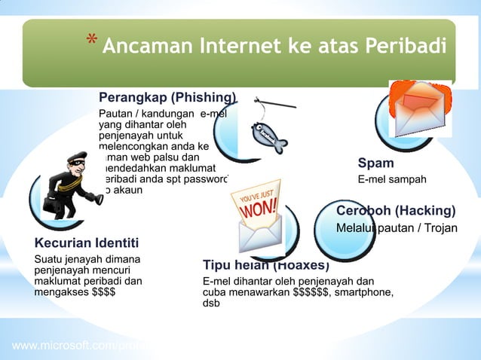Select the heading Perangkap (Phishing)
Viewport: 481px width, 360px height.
tap(167, 97)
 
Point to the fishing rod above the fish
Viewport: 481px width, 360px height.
tap(279, 104)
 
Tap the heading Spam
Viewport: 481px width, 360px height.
tap(375, 163)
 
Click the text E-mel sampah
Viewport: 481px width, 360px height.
tap(392, 179)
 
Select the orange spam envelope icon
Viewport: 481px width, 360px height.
tap(419, 105)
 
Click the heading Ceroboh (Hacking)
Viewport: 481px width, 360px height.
tap(396, 210)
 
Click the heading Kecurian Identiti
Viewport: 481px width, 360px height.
tap(87, 243)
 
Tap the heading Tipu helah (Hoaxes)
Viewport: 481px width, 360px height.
tap(265, 265)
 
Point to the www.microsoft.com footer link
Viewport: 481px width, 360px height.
tap(79, 346)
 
